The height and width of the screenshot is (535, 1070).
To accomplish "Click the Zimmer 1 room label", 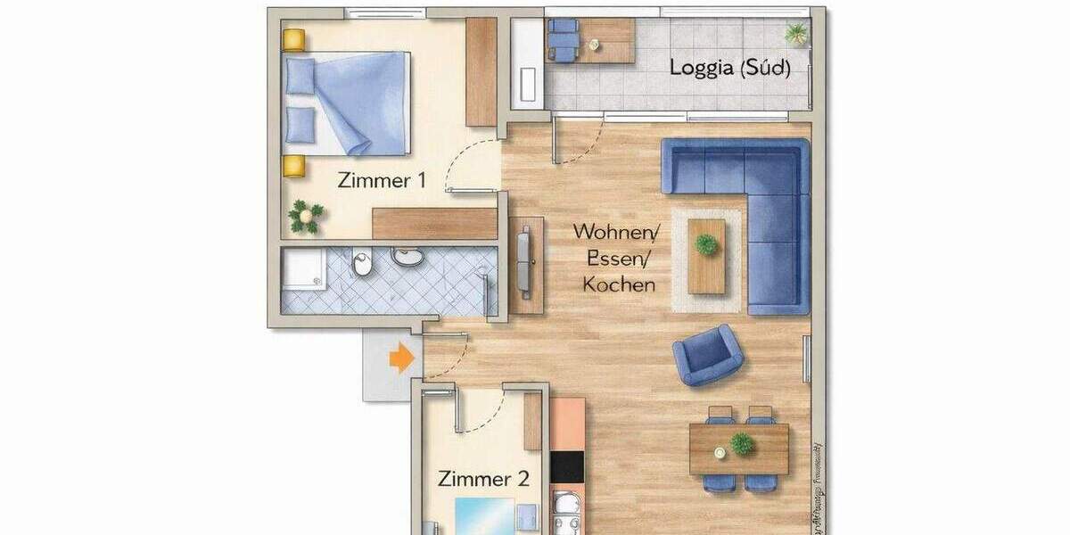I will coord(381,180).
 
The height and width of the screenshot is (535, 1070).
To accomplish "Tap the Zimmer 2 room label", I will coord(483,479).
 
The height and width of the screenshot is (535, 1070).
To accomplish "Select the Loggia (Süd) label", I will coord(729,68).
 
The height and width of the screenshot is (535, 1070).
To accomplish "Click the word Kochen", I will coord(619,285).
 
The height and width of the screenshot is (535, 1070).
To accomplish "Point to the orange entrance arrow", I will coord(402,358).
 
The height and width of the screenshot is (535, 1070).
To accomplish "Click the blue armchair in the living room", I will coord(708,354).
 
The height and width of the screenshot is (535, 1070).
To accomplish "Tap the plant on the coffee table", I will coord(707,243).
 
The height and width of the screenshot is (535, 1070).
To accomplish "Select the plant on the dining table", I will coord(742,443).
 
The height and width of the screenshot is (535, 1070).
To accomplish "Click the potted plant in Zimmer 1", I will coord(306,217).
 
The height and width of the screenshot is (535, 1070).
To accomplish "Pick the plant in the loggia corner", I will coord(795,35).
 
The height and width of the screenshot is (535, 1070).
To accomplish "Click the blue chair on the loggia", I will coord(563,38).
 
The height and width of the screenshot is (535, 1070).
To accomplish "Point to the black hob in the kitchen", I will coord(567,465).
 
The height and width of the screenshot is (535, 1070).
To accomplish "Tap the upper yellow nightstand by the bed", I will coord(293,40).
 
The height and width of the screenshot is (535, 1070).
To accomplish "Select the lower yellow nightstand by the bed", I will coord(293,166).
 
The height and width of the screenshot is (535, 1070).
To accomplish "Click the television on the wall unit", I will coord(524,263).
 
